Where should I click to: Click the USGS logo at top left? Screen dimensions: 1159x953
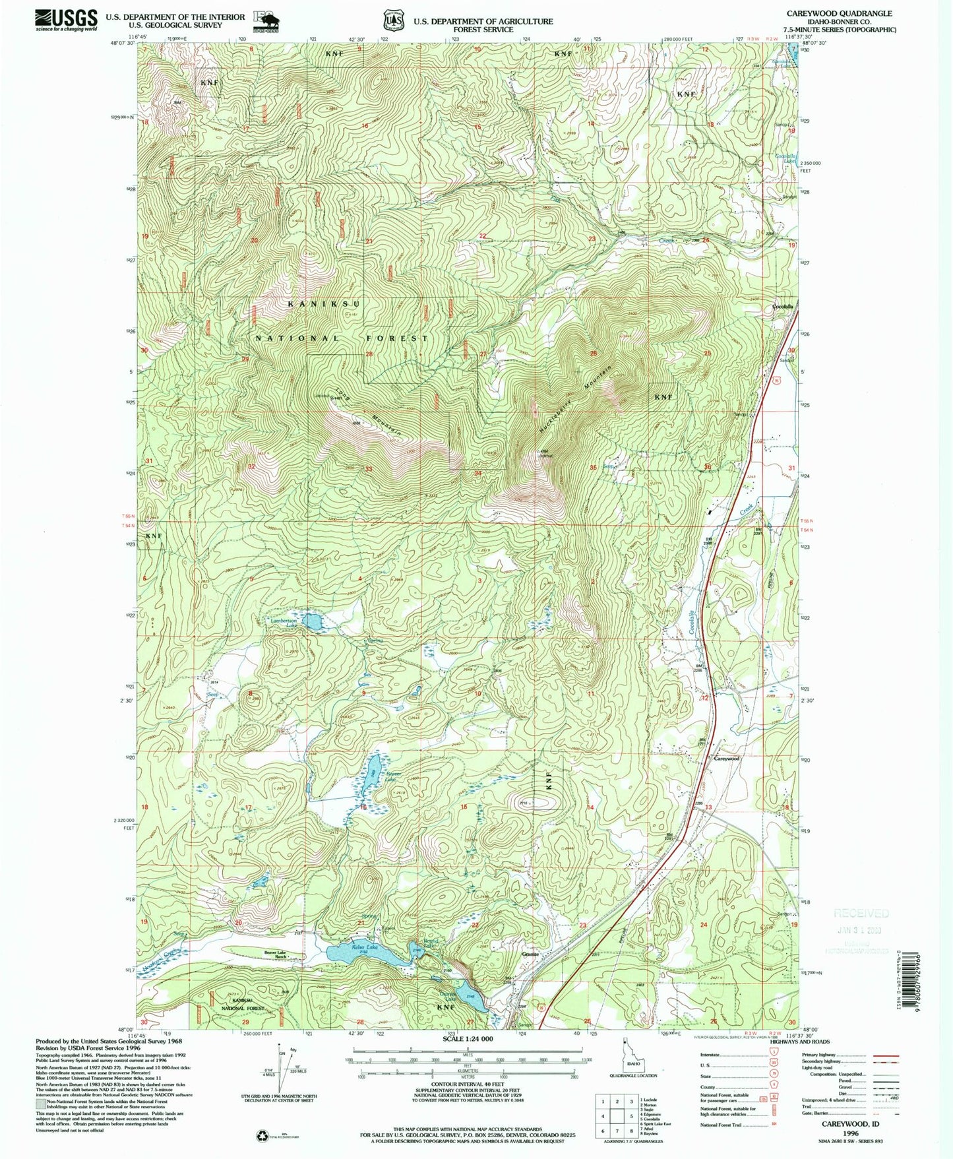[66, 20]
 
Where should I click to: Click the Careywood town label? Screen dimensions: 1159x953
[727, 759]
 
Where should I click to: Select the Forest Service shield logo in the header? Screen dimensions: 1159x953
[394, 20]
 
